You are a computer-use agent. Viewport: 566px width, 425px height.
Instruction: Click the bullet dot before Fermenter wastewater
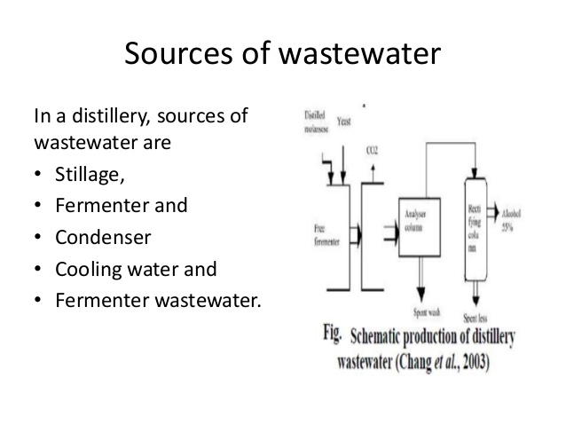click(38, 301)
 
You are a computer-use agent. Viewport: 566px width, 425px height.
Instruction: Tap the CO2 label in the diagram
click(373, 153)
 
